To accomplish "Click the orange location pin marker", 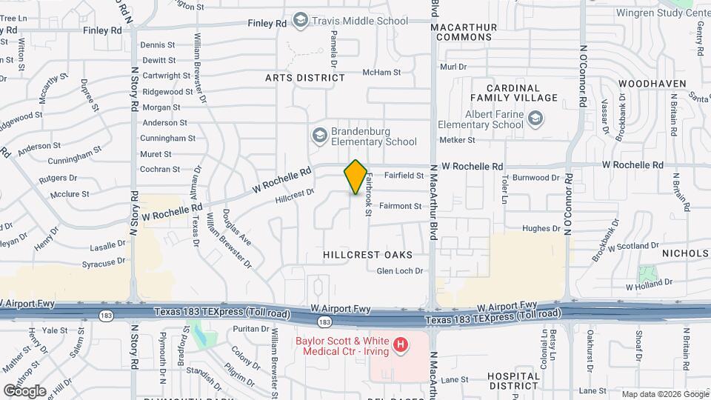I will click(x=356, y=177).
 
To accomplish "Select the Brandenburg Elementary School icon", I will click(x=319, y=136).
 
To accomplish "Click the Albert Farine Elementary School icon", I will click(x=535, y=119).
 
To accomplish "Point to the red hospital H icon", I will click(x=401, y=344).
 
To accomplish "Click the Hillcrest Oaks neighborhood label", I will click(x=367, y=254).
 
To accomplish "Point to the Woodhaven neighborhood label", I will click(x=652, y=84).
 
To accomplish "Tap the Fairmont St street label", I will click(x=400, y=207).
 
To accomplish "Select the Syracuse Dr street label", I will click(x=103, y=263).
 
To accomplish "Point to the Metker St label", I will click(x=456, y=139).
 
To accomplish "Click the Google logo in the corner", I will click(x=24, y=390).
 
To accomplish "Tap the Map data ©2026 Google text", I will click(x=665, y=394).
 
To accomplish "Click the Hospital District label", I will click(x=514, y=381).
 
